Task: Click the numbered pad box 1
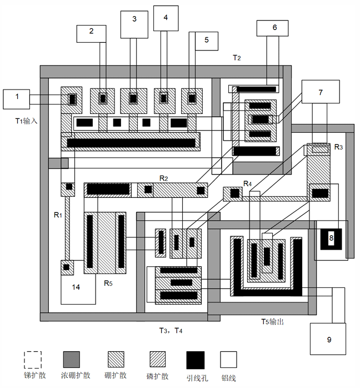coord(17,98)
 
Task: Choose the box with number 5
coord(206,40)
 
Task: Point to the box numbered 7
coord(320,93)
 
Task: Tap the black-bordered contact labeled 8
coord(331,238)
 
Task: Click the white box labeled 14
coord(77,288)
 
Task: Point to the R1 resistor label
coord(57,213)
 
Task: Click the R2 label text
coord(164,178)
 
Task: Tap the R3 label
coord(338,147)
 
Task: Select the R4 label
coord(247,183)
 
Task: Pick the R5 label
coord(108,283)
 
